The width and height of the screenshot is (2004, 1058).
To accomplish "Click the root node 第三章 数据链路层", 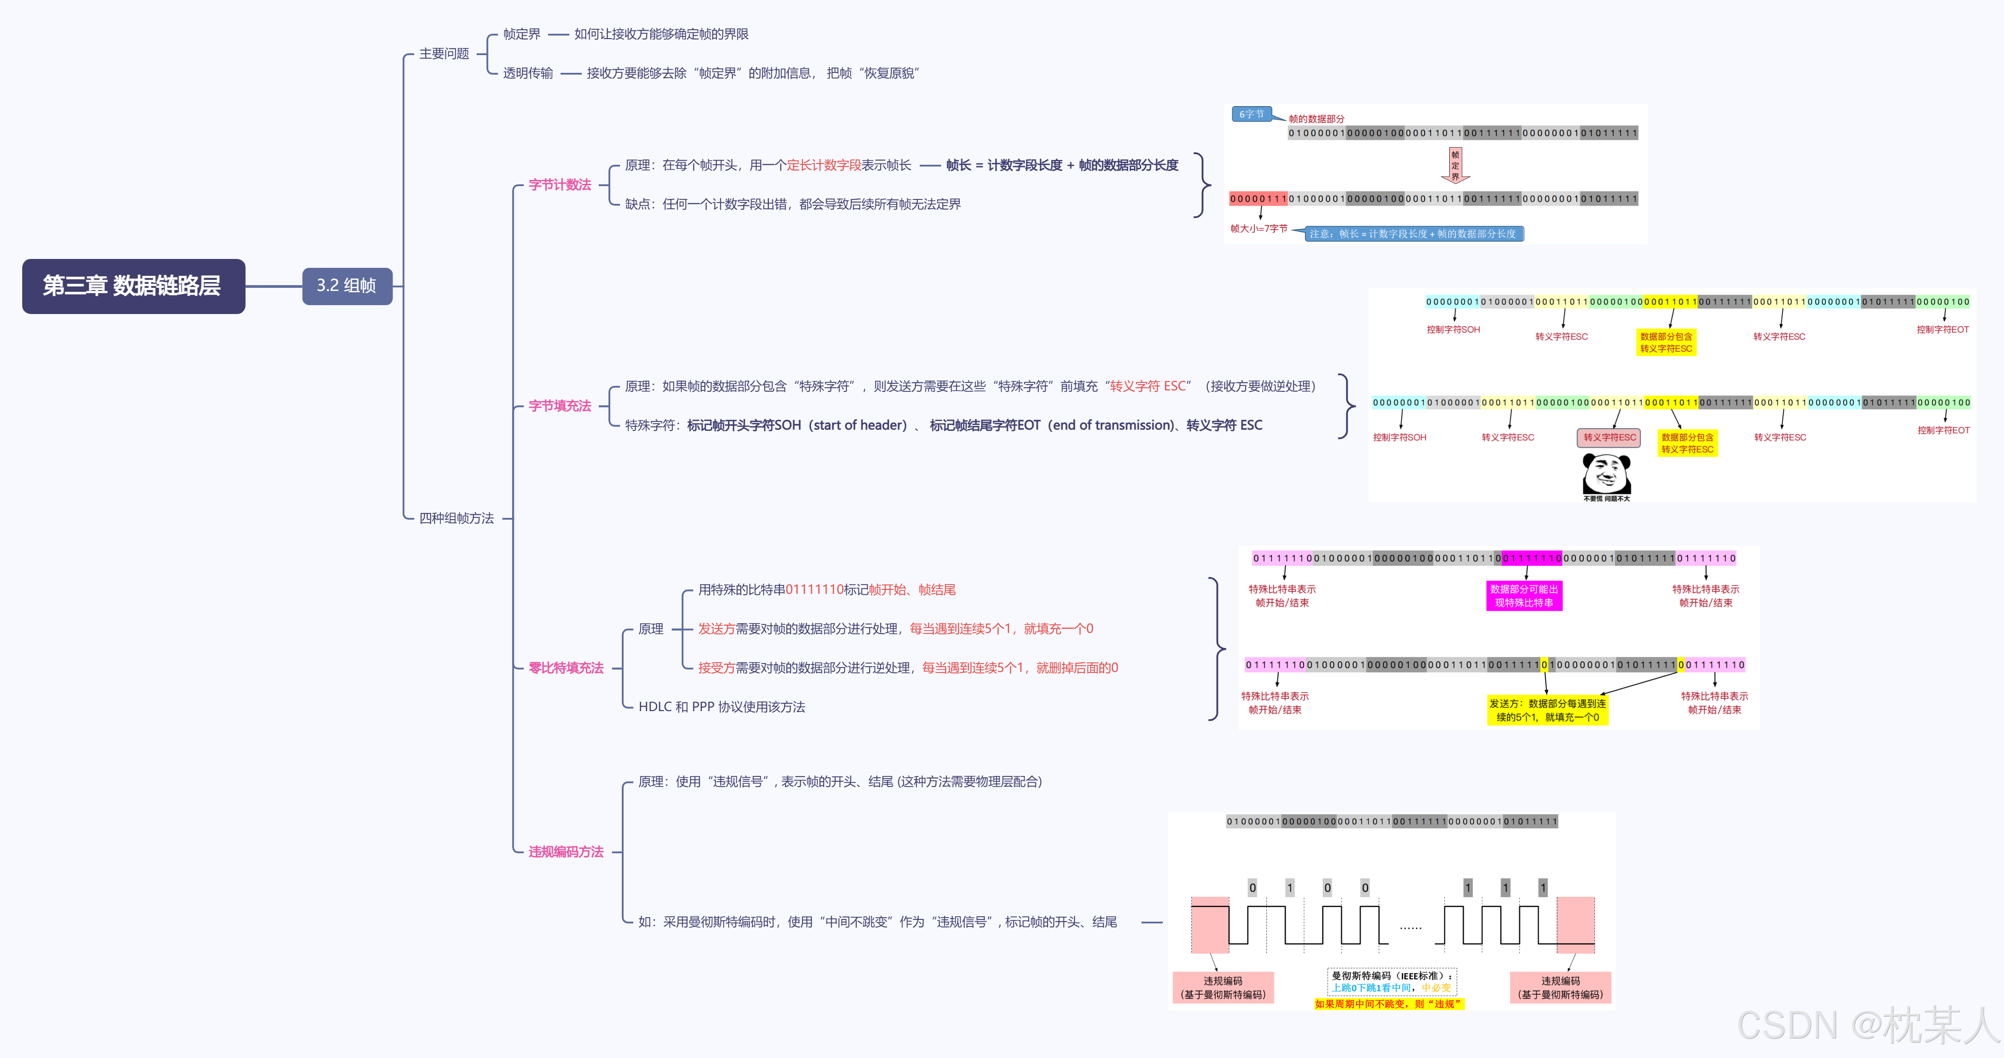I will pos(133,286).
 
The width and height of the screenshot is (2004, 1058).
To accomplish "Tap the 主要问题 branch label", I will pos(444,54).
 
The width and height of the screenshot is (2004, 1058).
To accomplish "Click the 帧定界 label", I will pos(521,34).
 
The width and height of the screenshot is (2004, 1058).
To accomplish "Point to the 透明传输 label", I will pos(528,73).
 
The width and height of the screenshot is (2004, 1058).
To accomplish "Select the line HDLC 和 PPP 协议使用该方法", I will pos(721,706).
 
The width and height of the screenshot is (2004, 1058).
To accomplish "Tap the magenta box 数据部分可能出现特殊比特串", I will pos(1523,596).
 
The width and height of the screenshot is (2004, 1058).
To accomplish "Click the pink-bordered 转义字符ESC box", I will pos(1609,437).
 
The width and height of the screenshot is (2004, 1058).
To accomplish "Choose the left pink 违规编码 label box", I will pos(1222,987).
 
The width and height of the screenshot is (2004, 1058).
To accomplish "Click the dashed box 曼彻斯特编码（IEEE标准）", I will pos(1391,981).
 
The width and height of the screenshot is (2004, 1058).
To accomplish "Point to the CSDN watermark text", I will pos(1867,1025).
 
